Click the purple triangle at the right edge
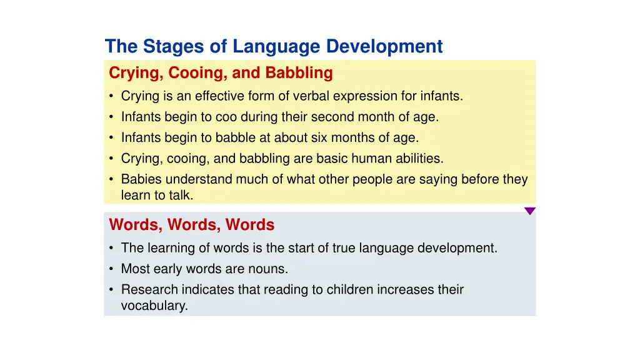point(529,211)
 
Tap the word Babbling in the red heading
point(299,73)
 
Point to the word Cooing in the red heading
point(197,73)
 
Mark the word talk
point(181,195)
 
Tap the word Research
point(147,290)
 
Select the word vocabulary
point(154,306)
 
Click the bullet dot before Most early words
point(111,269)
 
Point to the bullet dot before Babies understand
point(111,180)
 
